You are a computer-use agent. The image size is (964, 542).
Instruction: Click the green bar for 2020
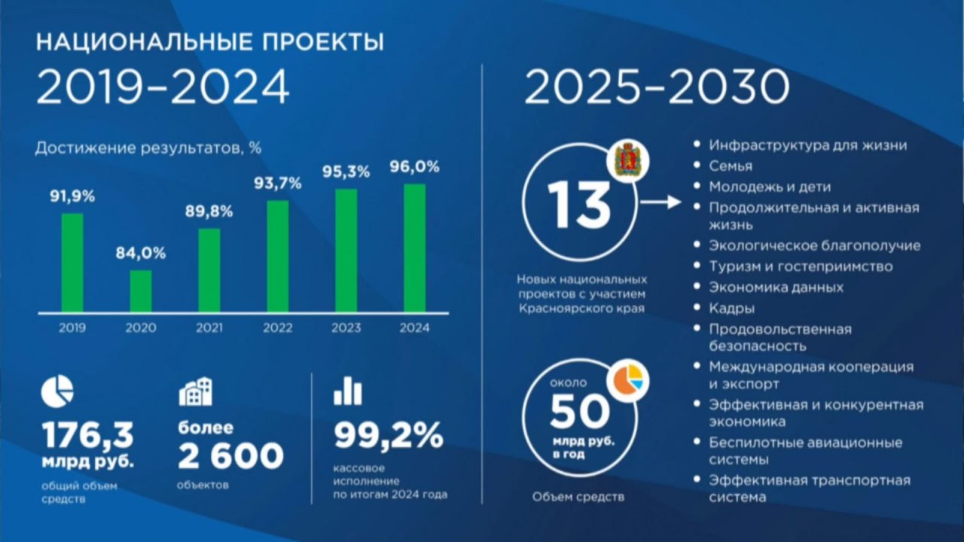click(x=141, y=291)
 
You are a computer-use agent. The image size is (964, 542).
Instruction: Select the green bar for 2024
click(x=414, y=248)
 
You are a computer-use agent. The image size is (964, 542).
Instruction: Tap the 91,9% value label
click(x=72, y=196)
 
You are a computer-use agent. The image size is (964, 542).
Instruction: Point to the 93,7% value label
click(x=278, y=184)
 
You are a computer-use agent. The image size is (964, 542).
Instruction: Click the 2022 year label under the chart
click(x=278, y=328)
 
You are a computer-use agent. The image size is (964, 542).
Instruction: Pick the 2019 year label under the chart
click(x=72, y=328)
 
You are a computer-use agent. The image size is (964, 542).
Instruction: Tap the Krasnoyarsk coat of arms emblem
click(x=628, y=161)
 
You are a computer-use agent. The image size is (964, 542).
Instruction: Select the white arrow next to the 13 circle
click(x=661, y=202)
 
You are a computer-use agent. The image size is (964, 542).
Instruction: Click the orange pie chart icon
click(x=628, y=381)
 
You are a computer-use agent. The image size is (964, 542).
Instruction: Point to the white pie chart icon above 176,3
click(x=57, y=391)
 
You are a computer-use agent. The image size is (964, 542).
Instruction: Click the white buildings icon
click(x=196, y=391)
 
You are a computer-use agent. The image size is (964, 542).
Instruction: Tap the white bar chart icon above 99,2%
click(x=348, y=391)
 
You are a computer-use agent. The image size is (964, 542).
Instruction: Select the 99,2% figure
click(x=389, y=435)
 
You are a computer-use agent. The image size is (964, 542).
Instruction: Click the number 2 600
click(x=231, y=456)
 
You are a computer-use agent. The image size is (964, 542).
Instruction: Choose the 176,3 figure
click(x=88, y=435)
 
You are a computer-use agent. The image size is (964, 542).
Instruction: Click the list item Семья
click(x=731, y=166)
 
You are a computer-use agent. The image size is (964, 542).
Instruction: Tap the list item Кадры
click(x=731, y=309)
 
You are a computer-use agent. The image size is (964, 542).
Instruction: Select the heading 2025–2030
click(x=657, y=87)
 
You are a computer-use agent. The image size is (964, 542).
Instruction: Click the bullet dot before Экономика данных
click(x=697, y=286)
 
